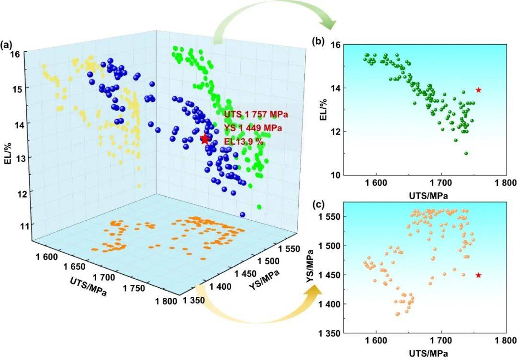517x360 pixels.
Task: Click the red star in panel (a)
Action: click(x=205, y=139)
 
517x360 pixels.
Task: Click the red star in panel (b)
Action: click(x=478, y=90)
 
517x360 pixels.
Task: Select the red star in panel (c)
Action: click(x=478, y=275)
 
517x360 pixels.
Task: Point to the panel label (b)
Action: click(x=318, y=42)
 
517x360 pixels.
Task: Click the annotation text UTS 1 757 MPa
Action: click(x=256, y=115)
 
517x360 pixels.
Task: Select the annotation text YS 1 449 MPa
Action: click(x=253, y=128)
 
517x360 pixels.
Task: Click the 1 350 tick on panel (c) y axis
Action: click(x=328, y=333)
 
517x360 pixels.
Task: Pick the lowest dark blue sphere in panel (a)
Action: click(x=242, y=214)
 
